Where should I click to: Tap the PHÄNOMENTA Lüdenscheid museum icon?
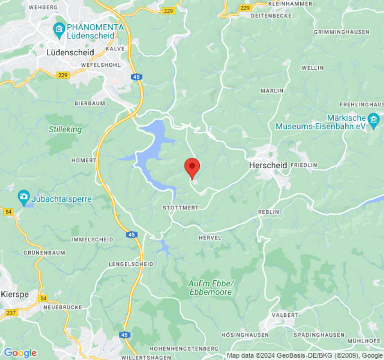coord(59,31)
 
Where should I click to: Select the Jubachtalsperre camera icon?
coord(23,197)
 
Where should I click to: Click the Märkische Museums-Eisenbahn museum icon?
coord(373,120)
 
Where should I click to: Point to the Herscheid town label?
coord(268,166)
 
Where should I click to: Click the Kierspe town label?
coord(15,294)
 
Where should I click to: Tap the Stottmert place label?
coord(180,208)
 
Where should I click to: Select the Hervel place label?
coord(210,238)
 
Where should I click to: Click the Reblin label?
coord(268,212)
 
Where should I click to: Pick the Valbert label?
coord(285,315)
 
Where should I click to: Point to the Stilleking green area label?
coord(65,130)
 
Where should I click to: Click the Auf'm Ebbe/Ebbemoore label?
coord(211,288)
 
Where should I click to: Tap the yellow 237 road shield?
coord(12,313)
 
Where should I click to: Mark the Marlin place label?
coord(272,91)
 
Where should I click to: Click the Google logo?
coord(20,353)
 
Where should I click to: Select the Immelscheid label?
coord(92,240)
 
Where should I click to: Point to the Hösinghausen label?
coord(245,335)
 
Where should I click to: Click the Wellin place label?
coord(312,68)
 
